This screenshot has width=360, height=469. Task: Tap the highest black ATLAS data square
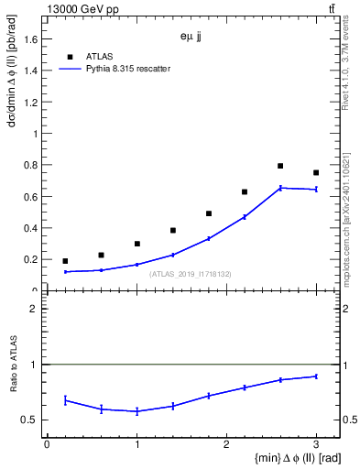tap(280, 166)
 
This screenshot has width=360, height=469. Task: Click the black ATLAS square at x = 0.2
tap(65, 261)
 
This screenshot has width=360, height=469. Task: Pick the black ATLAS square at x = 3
tap(316, 172)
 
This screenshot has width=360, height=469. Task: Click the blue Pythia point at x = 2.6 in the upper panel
tap(280, 188)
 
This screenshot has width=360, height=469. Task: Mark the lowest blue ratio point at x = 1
tap(136, 411)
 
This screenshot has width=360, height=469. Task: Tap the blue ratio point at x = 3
tap(316, 376)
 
